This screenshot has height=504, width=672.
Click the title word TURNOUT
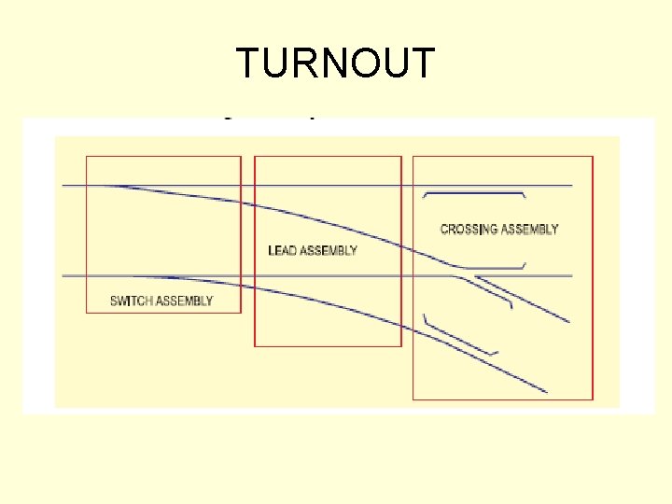coord(335,63)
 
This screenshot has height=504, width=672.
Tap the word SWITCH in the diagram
coord(132,301)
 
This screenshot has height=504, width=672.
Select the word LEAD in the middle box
coord(283,250)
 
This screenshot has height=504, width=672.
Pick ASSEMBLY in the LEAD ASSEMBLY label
coord(329,250)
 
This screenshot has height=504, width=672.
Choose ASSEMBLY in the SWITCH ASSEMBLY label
coord(185,301)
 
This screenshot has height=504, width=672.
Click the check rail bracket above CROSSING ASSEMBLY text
coord(474,193)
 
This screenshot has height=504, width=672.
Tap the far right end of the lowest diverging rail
coord(546,391)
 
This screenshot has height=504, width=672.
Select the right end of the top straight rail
coord(571,186)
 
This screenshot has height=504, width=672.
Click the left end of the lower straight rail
coord(63,276)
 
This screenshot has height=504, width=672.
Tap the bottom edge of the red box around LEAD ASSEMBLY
coord(328,346)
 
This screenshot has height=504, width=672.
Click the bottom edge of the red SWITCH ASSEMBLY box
coord(163,313)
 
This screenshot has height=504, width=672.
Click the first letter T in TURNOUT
coord(248,63)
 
